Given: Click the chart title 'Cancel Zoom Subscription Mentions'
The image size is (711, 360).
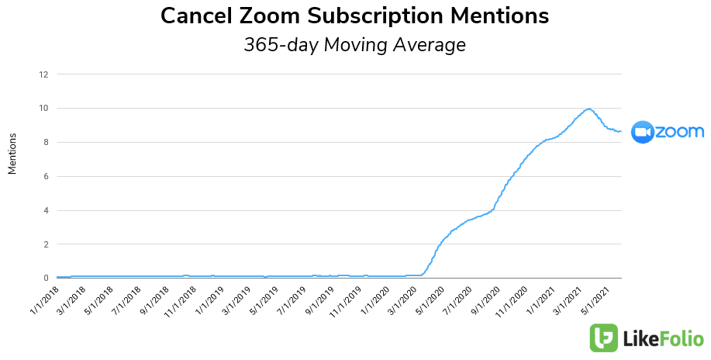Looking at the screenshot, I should coord(355,16).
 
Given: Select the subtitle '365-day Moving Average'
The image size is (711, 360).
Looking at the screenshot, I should coord(355,45).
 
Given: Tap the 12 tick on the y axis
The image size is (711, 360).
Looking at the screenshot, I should coord(43,74).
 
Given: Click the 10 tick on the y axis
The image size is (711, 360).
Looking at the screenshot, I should coord(43,109).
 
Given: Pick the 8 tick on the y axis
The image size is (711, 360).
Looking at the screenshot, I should coord(46,143).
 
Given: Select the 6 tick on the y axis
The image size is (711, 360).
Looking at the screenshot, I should coord(46,177).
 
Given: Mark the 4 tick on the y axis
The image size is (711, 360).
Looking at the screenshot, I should coord(46,210).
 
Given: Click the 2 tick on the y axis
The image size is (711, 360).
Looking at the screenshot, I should coord(46,244).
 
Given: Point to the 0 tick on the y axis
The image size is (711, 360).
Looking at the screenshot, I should coord(46,279).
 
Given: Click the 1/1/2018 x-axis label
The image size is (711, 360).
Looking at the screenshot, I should coord(44,298).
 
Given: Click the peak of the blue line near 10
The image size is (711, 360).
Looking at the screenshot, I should coord(589,109).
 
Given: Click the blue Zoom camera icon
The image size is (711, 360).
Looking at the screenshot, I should coord(643,132).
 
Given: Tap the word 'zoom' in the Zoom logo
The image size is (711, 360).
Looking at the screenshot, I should coord(680,132).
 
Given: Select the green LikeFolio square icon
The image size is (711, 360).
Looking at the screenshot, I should coord(604,338).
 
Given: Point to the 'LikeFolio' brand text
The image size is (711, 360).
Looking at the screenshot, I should coord(664,339).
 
